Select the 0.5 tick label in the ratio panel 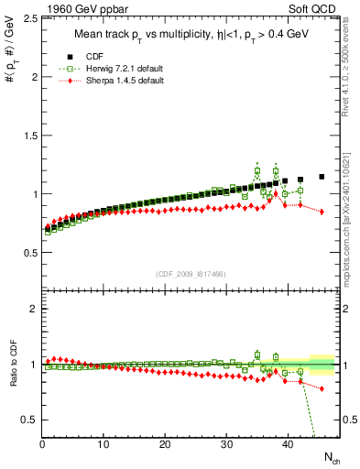tap(29, 420)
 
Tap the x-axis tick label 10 tap(104, 444)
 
